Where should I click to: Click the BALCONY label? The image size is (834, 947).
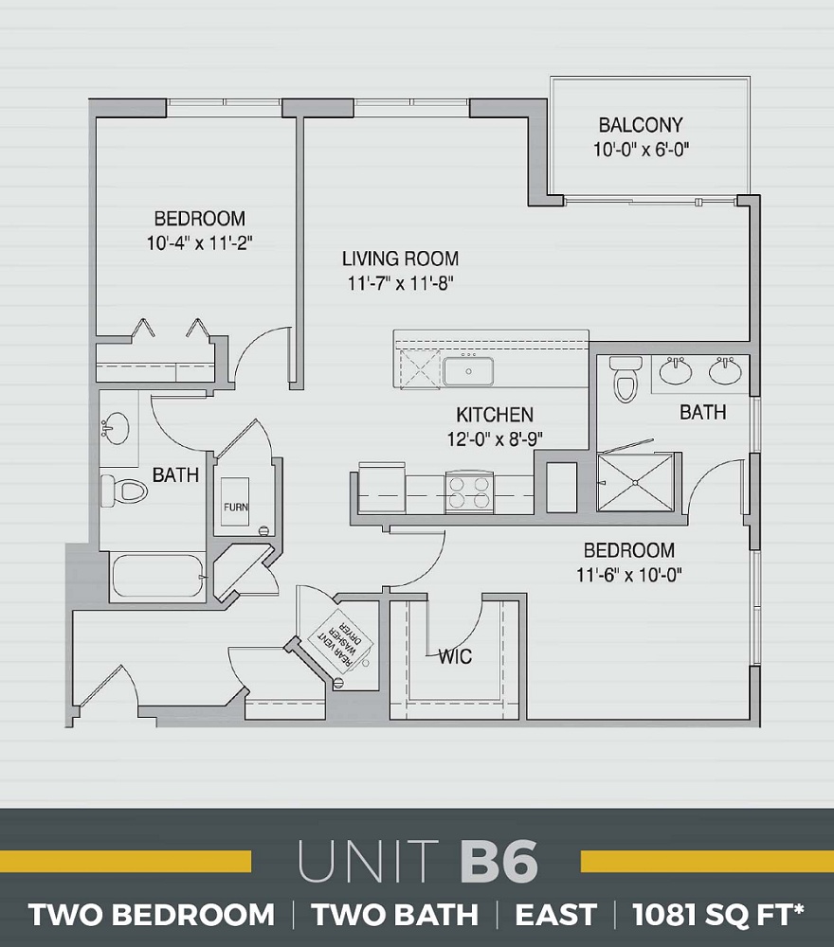640,125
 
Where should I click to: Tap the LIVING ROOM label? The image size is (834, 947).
400,259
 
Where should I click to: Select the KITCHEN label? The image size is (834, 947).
495,415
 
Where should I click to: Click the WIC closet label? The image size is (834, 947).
455,656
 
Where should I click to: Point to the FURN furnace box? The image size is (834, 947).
236,507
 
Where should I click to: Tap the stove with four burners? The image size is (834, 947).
468,493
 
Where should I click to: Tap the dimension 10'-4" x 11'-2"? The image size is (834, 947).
199,243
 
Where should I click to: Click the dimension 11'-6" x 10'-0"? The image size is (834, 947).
628,574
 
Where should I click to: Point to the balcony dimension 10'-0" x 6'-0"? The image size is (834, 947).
640,149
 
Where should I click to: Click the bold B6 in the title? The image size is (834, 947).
499,863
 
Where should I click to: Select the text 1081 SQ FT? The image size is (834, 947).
718,916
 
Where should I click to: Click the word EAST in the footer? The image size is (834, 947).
555,916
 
